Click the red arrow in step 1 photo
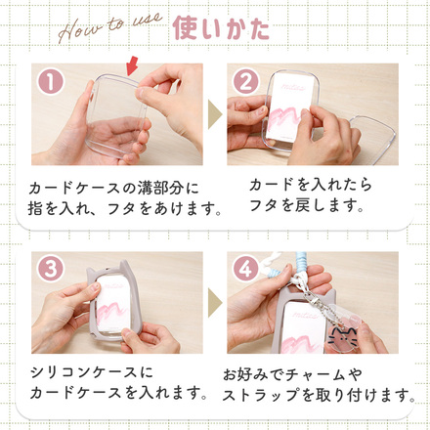pos(131,66)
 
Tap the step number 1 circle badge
pos(51,82)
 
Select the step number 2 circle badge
pos(246,82)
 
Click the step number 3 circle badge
pos(51,270)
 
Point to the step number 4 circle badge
pos(246,270)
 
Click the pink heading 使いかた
pos(221,28)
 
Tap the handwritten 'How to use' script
pos(109,27)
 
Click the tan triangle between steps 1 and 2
pos(215,114)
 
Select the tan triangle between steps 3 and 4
pos(215,302)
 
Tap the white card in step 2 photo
pos(290,108)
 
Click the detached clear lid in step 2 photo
pos(373,133)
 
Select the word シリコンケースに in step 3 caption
pos(92,372)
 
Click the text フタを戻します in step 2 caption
pos(306,206)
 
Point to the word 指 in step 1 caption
pos(35,208)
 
